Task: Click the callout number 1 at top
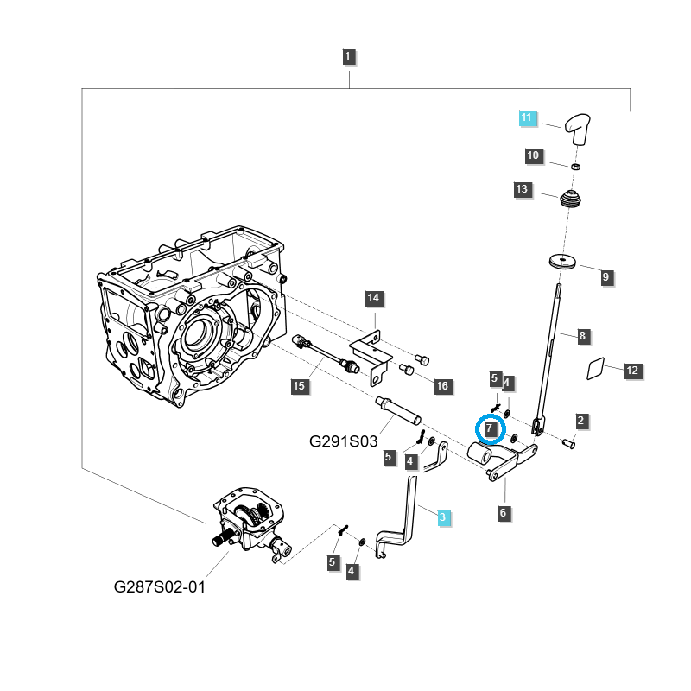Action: click(x=348, y=58)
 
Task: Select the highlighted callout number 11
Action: click(x=528, y=117)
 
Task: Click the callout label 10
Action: click(x=533, y=156)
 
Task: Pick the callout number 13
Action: click(x=522, y=189)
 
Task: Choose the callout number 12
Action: click(x=632, y=371)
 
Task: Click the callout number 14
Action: click(x=372, y=300)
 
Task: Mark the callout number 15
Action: click(x=298, y=385)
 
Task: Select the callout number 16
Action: click(x=441, y=385)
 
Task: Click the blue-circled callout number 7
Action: click(x=490, y=428)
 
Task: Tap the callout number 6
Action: click(x=504, y=513)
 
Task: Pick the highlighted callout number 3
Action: click(x=442, y=517)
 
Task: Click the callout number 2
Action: click(x=580, y=421)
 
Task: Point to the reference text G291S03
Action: click(x=344, y=441)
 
